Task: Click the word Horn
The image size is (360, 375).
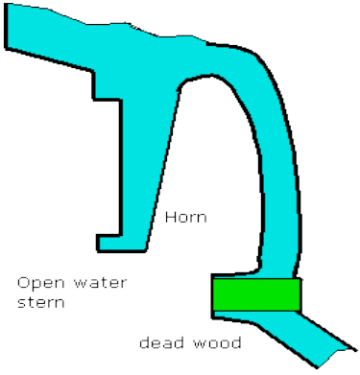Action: coord(185,219)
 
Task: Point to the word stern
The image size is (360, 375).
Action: coord(39,304)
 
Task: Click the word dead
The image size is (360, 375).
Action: coord(159,342)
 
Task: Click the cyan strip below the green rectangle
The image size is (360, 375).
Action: coord(288,331)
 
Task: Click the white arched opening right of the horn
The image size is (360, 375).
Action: coord(216,163)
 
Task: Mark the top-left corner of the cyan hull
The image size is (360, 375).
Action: coord(7,9)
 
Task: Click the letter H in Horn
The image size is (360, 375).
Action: coord(169,219)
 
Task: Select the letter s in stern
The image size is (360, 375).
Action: coord(22,305)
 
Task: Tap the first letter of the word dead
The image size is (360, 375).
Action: coord(143,342)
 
